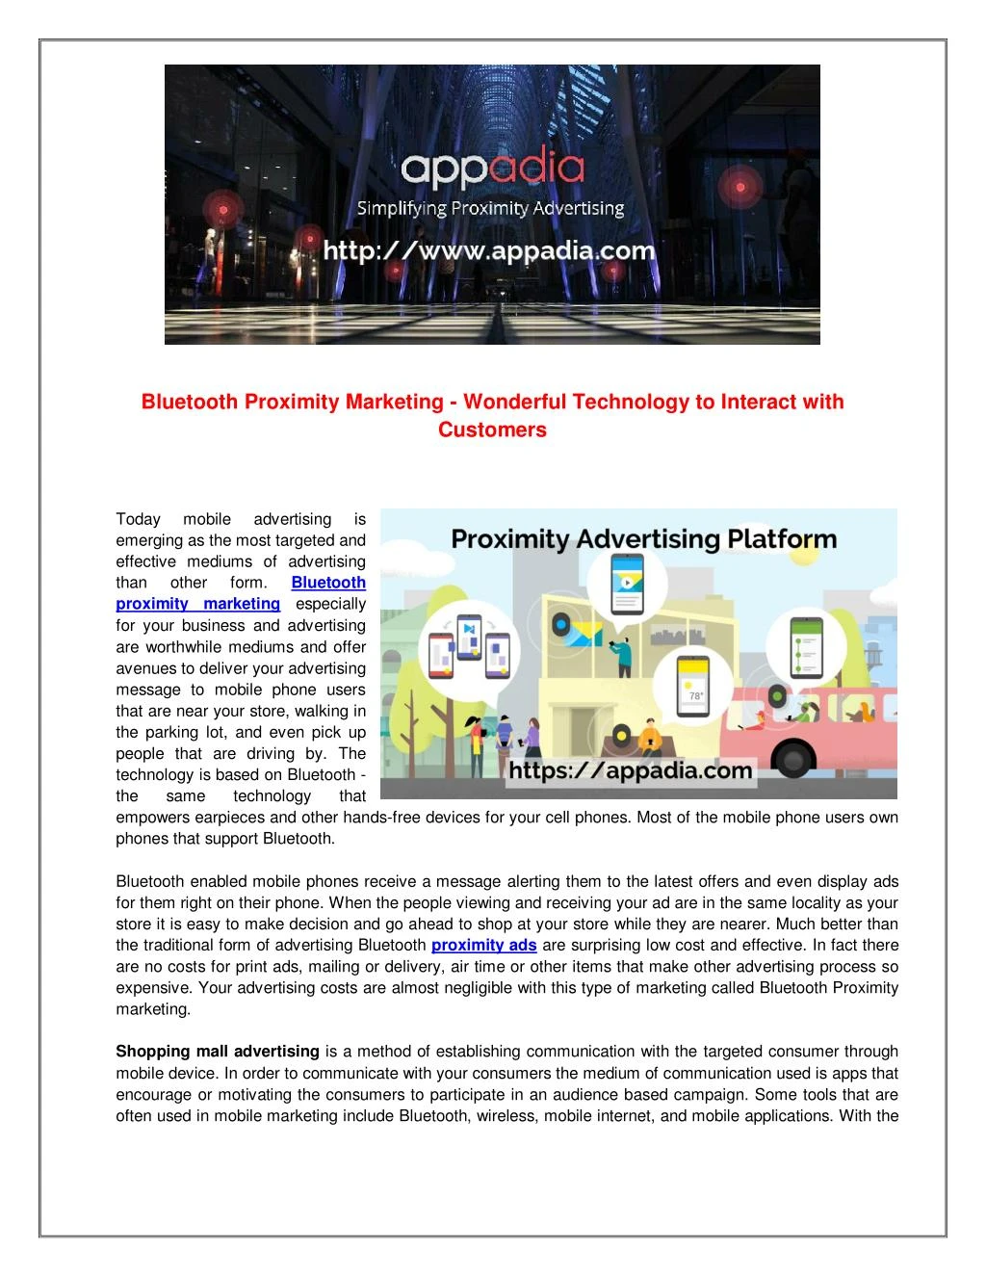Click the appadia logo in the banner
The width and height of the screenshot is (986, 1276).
[492, 170]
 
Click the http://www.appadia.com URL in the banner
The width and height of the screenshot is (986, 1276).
[489, 251]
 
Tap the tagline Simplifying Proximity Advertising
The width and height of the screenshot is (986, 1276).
[491, 208]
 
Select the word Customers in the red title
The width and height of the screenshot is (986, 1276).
[492, 430]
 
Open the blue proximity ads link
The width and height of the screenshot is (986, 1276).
[483, 945]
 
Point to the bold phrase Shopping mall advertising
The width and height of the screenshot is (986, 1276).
[218, 1051]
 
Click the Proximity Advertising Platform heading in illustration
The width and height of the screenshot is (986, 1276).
[643, 538]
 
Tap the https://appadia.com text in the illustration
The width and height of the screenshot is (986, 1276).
[631, 770]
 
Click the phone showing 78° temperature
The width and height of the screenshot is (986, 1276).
[693, 688]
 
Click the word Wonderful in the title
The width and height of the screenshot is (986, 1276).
[515, 402]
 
